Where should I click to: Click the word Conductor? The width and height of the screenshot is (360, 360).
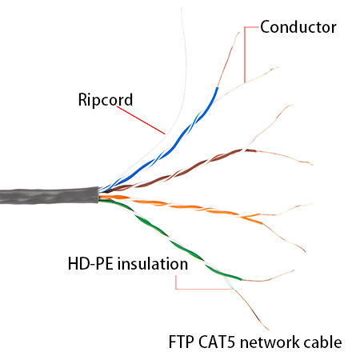point(298,27)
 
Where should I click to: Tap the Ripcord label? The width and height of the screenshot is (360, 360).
point(106,100)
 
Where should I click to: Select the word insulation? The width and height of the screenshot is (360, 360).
point(153,264)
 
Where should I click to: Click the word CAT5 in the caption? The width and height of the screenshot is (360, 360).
point(217,342)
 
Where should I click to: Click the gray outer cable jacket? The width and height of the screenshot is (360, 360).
point(49,196)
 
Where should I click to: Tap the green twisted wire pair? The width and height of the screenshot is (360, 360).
point(170,240)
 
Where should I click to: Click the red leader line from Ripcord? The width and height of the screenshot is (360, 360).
point(141,120)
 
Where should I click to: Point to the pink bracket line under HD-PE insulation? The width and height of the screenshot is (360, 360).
point(202,289)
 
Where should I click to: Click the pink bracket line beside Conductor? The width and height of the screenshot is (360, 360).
point(245,54)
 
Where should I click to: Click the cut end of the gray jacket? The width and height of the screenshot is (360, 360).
point(98,195)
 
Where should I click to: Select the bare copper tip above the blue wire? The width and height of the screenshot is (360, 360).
point(229,59)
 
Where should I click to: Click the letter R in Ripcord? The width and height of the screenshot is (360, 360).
point(82,99)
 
